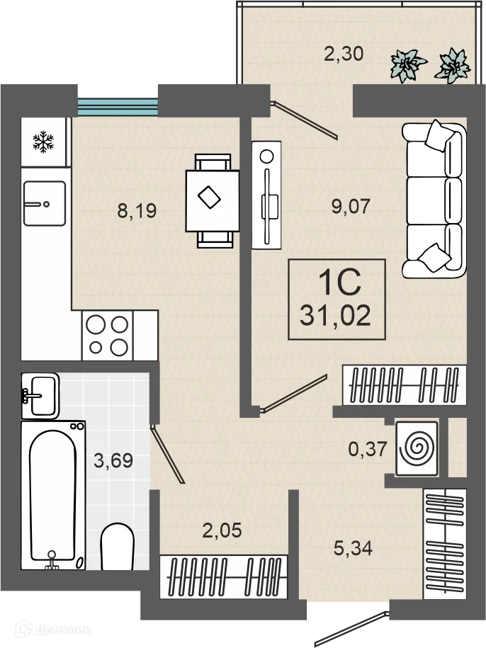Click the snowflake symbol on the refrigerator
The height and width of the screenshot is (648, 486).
pyautogui.click(x=43, y=142)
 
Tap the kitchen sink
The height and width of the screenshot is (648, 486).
pyautogui.click(x=45, y=203)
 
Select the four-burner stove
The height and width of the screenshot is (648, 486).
pyautogui.click(x=108, y=335)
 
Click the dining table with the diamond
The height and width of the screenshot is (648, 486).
pyautogui.click(x=213, y=201)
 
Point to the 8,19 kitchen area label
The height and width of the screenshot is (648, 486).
pyautogui.click(x=137, y=211)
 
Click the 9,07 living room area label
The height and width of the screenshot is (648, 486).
pyautogui.click(x=351, y=206)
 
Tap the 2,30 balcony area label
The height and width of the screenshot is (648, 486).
pyautogui.click(x=344, y=54)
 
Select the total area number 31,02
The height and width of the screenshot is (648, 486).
pyautogui.click(x=335, y=316)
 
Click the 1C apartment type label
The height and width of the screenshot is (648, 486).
pyautogui.click(x=340, y=283)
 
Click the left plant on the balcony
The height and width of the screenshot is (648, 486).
pyautogui.click(x=408, y=65)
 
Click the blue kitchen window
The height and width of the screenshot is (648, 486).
pyautogui.click(x=118, y=107)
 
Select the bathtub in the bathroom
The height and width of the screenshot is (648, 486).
pyautogui.click(x=53, y=495)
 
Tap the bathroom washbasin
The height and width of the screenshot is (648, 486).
pyautogui.click(x=40, y=396)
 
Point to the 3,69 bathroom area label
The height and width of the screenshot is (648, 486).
pyautogui.click(x=113, y=460)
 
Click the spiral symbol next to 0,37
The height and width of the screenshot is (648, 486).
pyautogui.click(x=417, y=448)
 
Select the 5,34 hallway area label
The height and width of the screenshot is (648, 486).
pyautogui.click(x=353, y=548)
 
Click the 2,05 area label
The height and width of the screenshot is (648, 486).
pyautogui.click(x=222, y=530)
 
